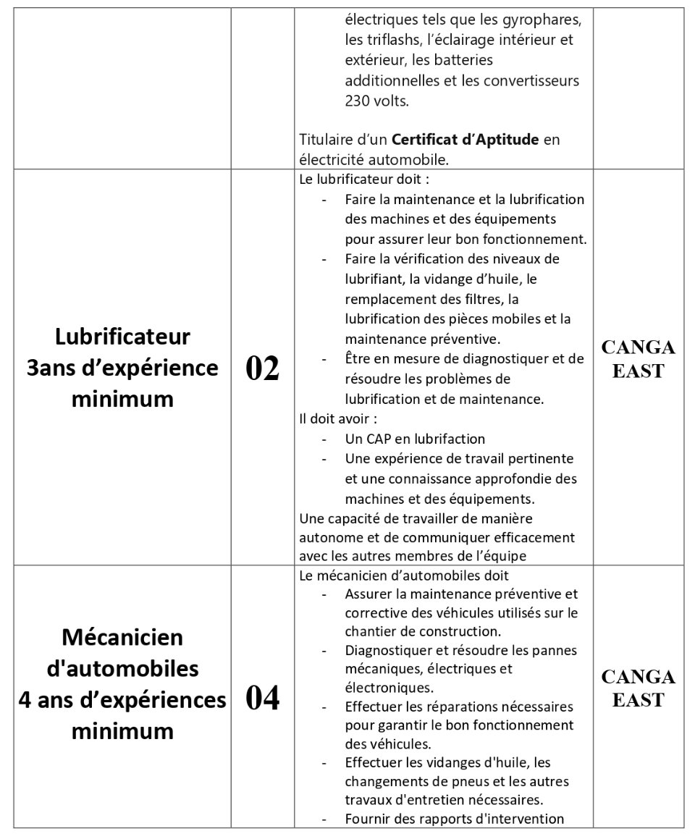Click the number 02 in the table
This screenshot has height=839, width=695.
(262, 368)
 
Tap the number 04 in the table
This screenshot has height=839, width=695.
(262, 699)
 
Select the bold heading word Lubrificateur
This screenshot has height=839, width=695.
(122, 337)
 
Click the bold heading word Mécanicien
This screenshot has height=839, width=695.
(122, 637)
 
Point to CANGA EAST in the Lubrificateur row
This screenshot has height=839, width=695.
(638, 359)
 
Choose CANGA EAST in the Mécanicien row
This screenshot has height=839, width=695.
(638, 688)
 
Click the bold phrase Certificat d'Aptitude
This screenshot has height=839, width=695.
(466, 140)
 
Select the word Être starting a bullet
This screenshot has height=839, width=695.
(358, 359)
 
